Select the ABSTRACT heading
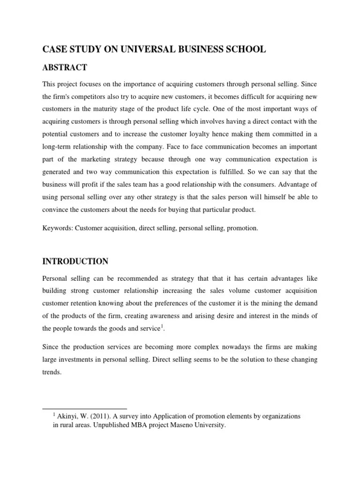(x=65, y=67)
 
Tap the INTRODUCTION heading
(x=75, y=261)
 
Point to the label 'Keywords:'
(x=57, y=228)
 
